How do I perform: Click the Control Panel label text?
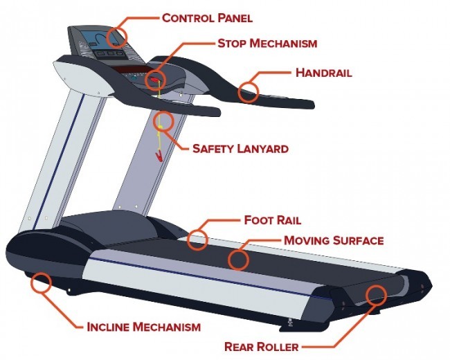[207, 17]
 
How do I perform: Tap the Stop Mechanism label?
[267, 43]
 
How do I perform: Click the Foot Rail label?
[272, 221]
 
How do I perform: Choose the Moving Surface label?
[334, 240]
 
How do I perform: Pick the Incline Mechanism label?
[143, 326]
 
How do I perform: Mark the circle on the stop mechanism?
[155, 78]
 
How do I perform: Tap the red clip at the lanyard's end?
[160, 156]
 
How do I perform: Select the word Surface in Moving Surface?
[359, 240]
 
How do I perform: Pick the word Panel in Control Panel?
[235, 17]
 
